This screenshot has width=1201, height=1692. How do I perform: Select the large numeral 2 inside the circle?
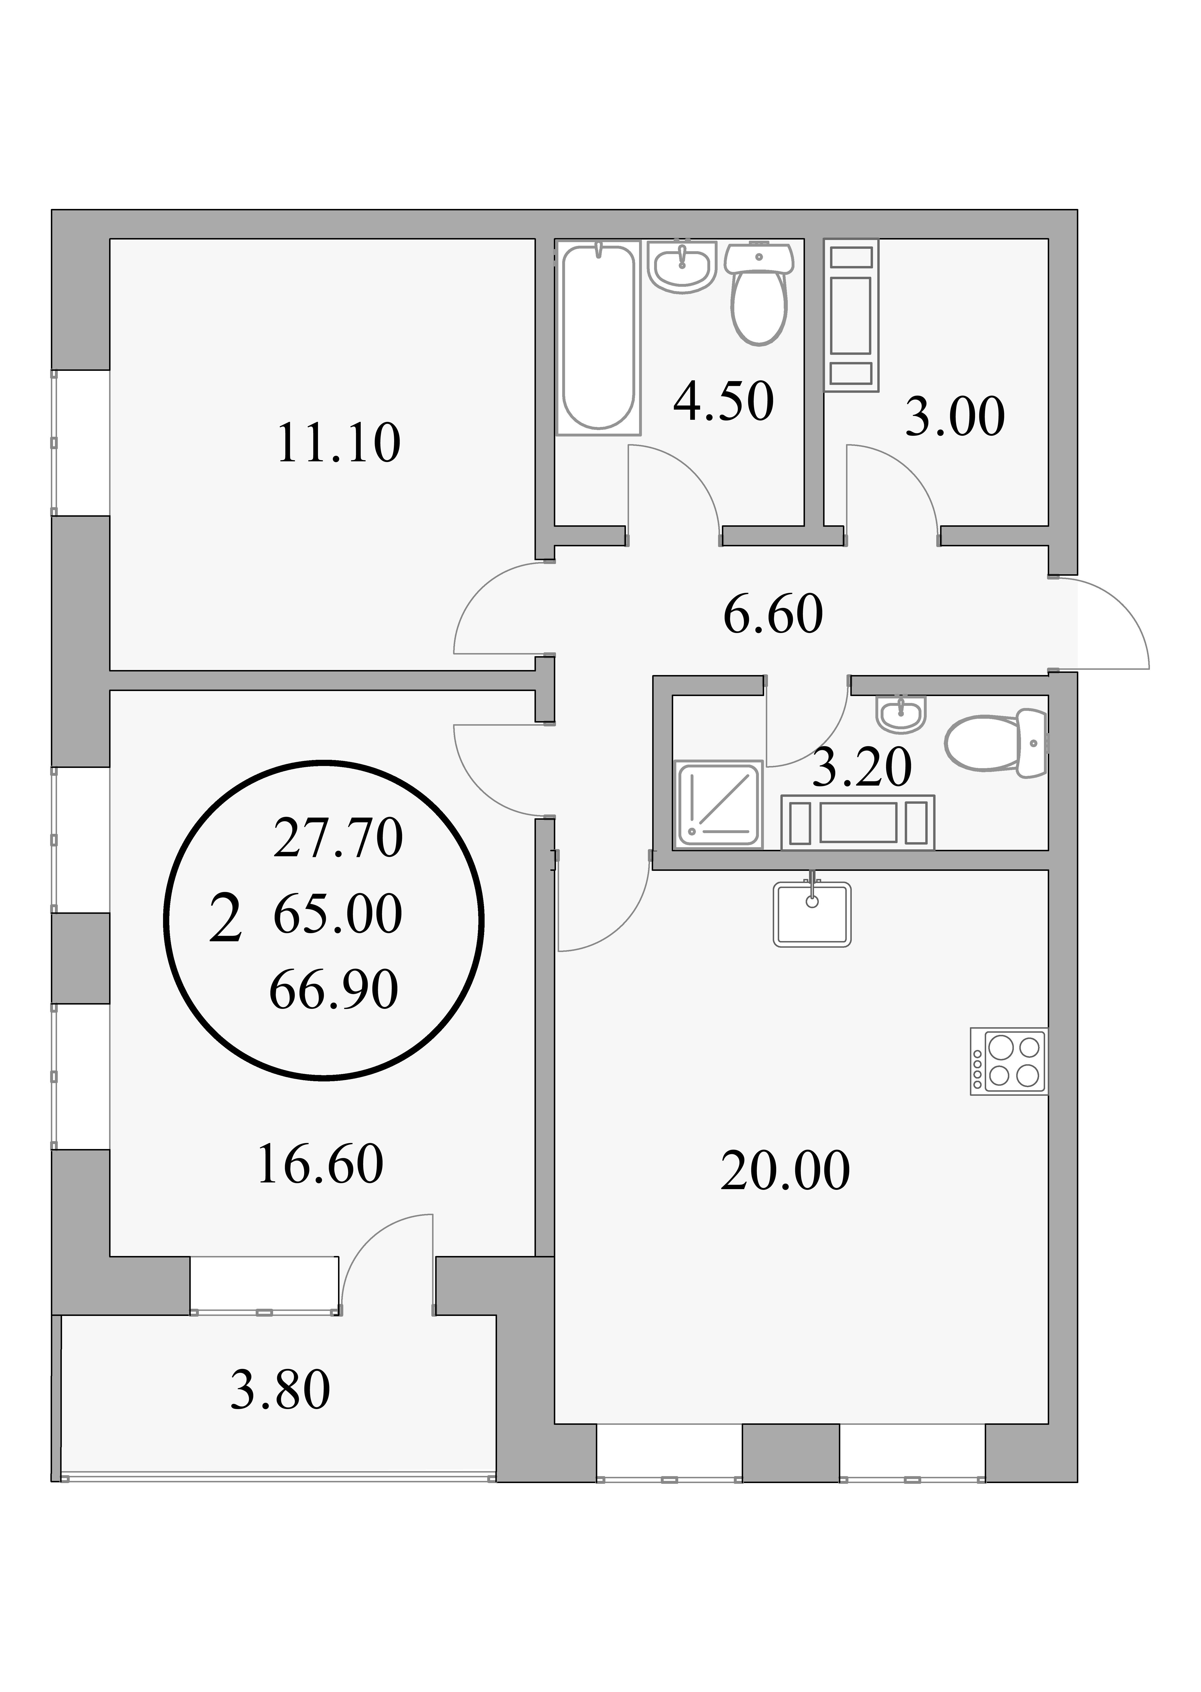click(x=226, y=918)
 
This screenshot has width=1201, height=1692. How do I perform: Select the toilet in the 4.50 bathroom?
click(x=759, y=294)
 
